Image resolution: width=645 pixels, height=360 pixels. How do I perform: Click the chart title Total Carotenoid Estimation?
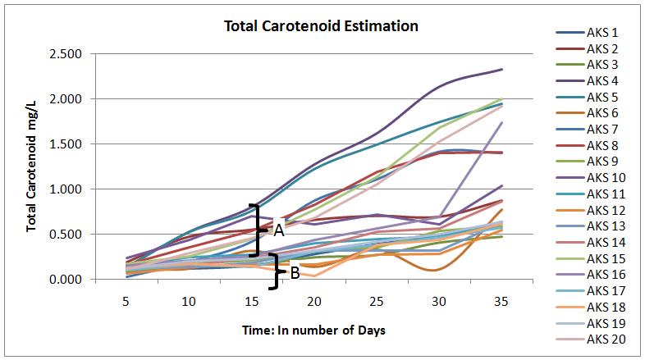[x=322, y=26]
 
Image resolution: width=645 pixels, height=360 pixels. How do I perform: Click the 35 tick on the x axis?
[x=501, y=302]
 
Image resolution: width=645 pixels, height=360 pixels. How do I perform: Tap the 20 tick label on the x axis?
[x=313, y=302]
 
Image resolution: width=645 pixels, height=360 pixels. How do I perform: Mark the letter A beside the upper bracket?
[x=278, y=230]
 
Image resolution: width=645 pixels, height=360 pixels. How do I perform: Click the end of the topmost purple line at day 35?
[x=501, y=70]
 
